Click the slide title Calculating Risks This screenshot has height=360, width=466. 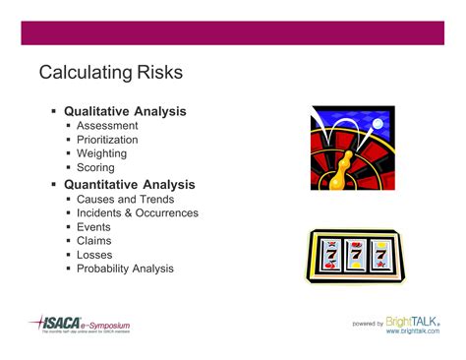[x=110, y=73]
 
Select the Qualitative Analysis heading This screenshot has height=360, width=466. [x=125, y=111]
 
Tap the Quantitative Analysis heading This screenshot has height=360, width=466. [x=129, y=184]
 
